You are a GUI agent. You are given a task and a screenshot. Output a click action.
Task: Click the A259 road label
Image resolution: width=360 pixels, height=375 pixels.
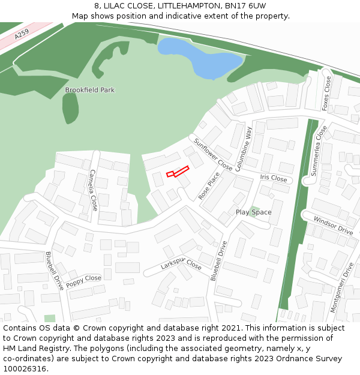(22, 35)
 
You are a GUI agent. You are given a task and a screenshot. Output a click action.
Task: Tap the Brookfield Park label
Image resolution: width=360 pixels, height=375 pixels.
(89, 90)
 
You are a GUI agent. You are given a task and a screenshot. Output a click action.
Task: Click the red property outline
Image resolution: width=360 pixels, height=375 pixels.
(178, 172)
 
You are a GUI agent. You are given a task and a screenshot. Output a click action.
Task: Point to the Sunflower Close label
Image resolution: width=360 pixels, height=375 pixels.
(212, 154)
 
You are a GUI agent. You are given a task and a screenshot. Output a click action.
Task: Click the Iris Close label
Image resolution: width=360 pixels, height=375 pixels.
(274, 178)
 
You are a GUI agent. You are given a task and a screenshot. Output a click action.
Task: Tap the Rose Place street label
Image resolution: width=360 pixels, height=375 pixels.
(209, 186)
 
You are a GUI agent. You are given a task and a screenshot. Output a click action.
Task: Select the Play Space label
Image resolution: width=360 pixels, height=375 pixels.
(253, 212)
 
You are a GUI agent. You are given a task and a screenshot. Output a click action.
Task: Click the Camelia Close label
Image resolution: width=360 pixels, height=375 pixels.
(93, 190)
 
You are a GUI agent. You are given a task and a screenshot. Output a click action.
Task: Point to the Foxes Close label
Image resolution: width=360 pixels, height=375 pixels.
(326, 94)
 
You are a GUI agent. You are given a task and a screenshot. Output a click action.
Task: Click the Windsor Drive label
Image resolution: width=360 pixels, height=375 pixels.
(333, 226)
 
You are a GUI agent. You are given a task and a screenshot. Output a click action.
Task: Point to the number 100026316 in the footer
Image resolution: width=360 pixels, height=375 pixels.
(23, 369)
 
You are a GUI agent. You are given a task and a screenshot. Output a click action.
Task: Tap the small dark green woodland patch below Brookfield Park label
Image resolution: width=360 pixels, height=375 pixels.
(71, 108)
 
